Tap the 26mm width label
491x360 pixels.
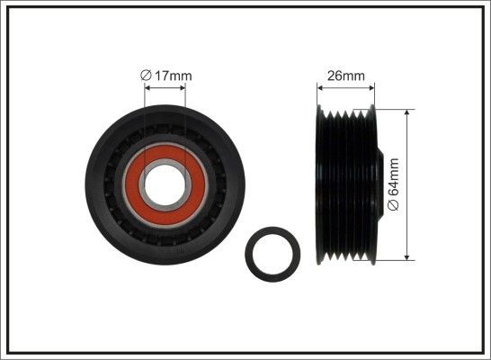coord(346,76)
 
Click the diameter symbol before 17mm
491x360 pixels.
coord(147,76)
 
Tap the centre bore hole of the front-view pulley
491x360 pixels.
coord(165,184)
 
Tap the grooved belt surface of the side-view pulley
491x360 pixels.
coord(346,184)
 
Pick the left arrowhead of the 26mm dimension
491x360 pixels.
coord(321,87)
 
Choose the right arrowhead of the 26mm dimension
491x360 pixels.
coord(371,87)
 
